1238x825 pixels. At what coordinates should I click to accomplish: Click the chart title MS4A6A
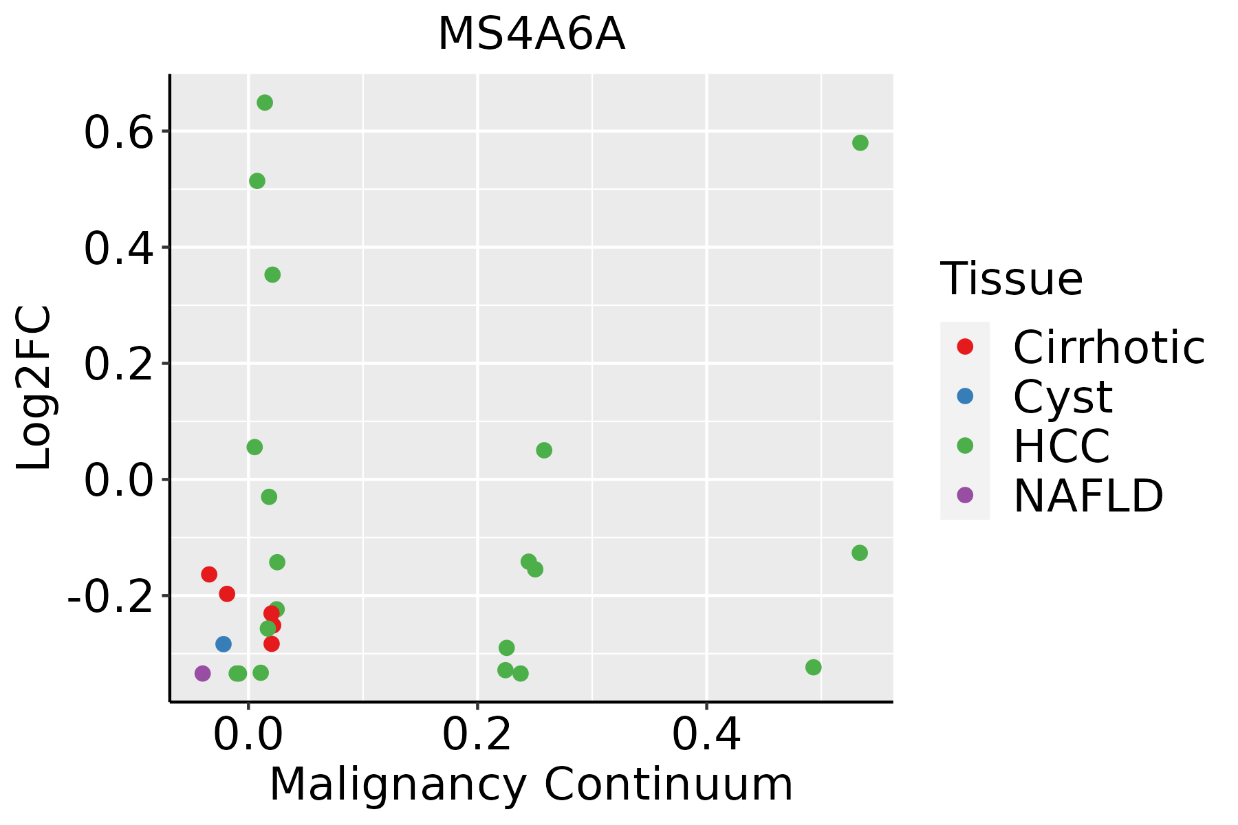pos(531,34)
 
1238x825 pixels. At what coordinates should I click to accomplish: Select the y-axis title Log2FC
pos(34,388)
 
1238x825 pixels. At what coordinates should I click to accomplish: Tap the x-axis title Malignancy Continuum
pos(531,784)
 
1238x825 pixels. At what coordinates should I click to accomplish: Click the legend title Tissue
pos(1011,279)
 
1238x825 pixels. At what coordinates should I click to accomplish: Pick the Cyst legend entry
pos(1062,397)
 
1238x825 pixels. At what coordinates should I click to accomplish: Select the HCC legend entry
pos(1061,446)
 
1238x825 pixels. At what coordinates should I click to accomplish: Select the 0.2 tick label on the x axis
pos(477,735)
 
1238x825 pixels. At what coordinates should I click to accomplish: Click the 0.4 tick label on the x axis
pos(706,735)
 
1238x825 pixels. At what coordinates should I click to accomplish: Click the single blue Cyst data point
pos(224,644)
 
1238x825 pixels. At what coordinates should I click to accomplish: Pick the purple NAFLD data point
pos(202,673)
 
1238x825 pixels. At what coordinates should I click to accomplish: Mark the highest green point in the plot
pos(265,102)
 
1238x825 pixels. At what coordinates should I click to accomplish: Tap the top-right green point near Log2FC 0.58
pos(860,143)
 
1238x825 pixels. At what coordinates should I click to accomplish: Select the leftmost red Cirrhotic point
pos(209,574)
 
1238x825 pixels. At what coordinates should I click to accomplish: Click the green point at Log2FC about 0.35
pos(272,274)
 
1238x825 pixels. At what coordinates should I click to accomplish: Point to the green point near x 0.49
pos(814,667)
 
